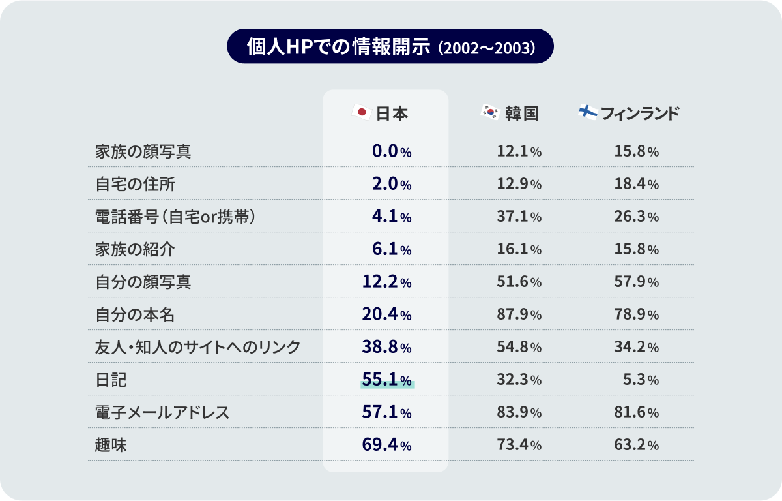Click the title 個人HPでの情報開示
coord(339,47)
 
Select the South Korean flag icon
coord(489,113)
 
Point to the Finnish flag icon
coord(588,112)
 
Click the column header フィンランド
coord(640,114)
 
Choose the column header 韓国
coord(521,114)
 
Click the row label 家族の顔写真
coord(143,152)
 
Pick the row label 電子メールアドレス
coord(162,413)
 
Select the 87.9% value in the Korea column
coord(519,315)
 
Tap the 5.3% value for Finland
coord(641,380)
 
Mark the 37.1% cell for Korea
coord(519,217)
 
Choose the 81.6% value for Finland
coord(636,413)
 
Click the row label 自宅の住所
coord(135,185)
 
